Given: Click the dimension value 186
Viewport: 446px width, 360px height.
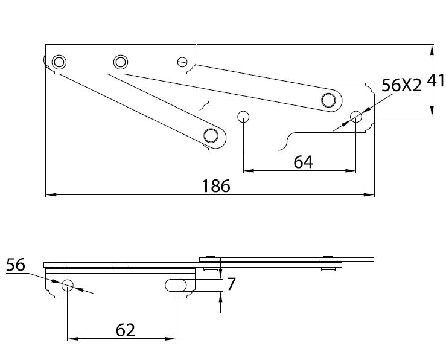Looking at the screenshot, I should pos(216,186).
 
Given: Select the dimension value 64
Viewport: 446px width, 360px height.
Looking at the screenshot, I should pos(304,162).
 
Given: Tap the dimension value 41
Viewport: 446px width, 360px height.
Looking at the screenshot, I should pos(436,80).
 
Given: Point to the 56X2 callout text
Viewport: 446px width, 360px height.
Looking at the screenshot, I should pos(402,85).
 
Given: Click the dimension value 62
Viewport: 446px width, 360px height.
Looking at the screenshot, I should pos(124,330).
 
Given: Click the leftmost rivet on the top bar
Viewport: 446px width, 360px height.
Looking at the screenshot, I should pos(59,62).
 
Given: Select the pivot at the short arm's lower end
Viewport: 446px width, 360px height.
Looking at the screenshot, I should pos(211,135).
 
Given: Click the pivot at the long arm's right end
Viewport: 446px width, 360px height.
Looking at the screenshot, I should pos(329,100).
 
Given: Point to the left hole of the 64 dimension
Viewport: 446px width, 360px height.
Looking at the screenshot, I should pos(243,116).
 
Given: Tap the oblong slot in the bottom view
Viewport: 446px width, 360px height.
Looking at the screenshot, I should pos(176,284).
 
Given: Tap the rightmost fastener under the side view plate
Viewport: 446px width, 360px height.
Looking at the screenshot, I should pos(328,269).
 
